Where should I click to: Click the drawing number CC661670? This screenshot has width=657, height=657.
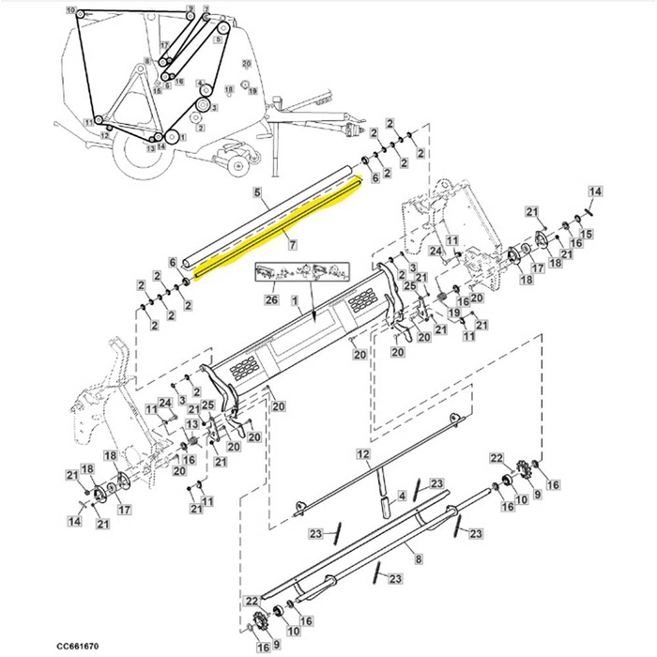pyautogui.click(x=79, y=647)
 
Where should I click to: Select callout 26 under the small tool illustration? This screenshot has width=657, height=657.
pyautogui.click(x=271, y=300)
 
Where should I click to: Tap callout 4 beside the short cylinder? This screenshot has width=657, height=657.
pyautogui.click(x=401, y=495)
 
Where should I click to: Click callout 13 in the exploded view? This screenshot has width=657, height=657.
pyautogui.click(x=191, y=425)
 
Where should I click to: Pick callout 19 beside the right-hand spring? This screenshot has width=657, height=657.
pyautogui.click(x=451, y=313)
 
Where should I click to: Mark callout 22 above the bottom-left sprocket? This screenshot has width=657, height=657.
pyautogui.click(x=251, y=600)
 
